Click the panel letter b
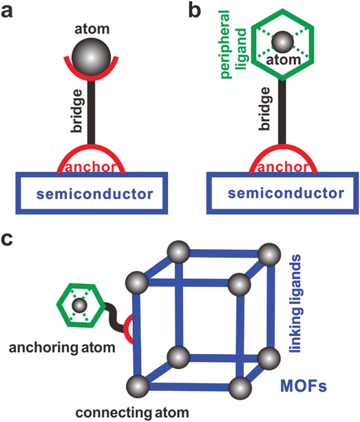194,12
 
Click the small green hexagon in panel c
77,307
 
